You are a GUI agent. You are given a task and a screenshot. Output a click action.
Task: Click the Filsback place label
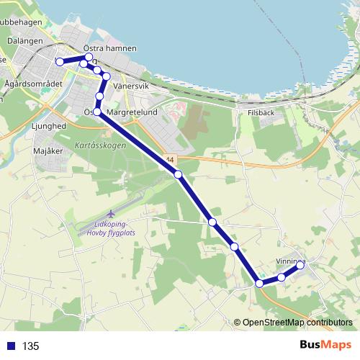(x=261, y=113)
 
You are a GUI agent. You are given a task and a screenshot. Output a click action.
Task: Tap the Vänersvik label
(x=130, y=86)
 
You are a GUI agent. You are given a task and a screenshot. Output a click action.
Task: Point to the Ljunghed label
(x=50, y=126)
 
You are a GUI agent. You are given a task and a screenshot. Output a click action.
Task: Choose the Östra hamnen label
(x=110, y=48)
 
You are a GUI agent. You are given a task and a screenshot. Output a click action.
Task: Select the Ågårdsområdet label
(x=34, y=84)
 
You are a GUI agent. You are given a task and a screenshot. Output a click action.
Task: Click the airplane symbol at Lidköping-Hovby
(x=111, y=214)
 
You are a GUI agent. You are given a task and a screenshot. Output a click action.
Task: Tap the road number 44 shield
(x=169, y=159)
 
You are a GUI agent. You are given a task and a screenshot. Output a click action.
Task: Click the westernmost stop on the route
(x=60, y=62)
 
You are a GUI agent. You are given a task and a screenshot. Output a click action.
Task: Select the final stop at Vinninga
(x=300, y=266)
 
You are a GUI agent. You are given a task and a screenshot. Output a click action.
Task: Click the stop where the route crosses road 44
(x=178, y=174)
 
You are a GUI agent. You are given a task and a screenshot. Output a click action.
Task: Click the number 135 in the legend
(x=30, y=346)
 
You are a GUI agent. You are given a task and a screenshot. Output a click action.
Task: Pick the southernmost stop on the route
(x=259, y=284)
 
